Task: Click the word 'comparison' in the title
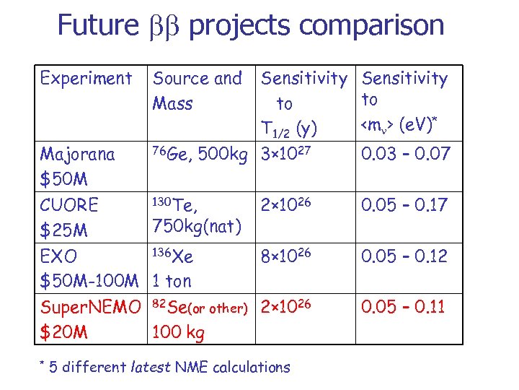click(x=372, y=25)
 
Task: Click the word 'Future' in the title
click(x=97, y=25)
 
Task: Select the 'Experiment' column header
click(x=86, y=78)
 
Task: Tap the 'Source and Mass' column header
click(x=198, y=90)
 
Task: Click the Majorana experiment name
click(x=78, y=154)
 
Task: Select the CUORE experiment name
click(x=70, y=204)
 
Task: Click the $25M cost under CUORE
click(x=64, y=230)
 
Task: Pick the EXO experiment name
click(x=59, y=256)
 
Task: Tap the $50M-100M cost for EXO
click(x=89, y=282)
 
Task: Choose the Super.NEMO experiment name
click(x=91, y=307)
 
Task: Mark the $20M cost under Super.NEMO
click(x=64, y=333)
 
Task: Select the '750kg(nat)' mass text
click(x=196, y=226)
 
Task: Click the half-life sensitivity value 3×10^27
click(x=288, y=154)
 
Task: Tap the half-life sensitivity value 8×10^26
click(x=288, y=256)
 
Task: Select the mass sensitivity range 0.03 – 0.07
click(x=405, y=154)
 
